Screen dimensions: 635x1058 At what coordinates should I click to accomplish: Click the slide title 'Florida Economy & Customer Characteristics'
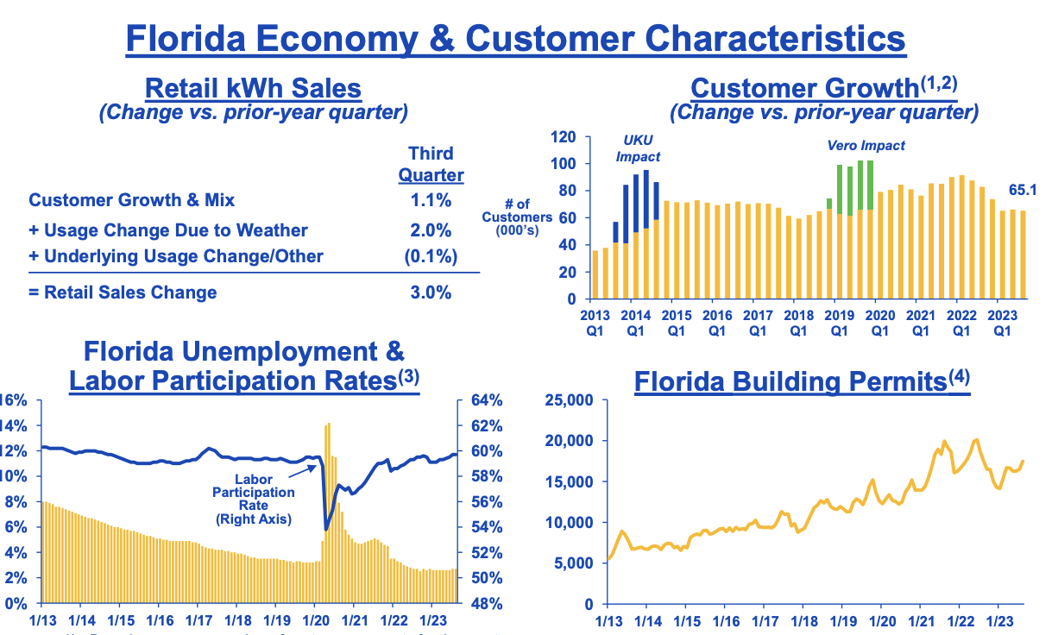515,39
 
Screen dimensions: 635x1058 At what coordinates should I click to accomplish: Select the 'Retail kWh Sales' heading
253,88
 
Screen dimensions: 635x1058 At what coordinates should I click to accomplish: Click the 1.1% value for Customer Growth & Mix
431,200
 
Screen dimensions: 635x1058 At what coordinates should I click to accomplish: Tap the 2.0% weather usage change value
431,230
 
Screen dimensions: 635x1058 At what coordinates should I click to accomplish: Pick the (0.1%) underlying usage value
429,256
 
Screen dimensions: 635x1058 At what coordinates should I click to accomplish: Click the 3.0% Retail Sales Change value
431,292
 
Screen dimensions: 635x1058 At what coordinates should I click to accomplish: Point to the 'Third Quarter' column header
431,164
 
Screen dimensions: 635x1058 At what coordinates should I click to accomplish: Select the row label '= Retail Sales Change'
123,292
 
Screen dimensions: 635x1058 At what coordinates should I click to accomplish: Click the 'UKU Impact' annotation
639,148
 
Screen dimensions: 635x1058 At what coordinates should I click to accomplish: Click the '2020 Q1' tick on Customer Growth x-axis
879,322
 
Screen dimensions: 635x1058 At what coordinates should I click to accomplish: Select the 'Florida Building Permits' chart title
802,381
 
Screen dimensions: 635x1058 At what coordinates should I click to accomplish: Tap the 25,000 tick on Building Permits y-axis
570,400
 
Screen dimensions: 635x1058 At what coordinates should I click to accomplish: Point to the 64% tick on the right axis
486,400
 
